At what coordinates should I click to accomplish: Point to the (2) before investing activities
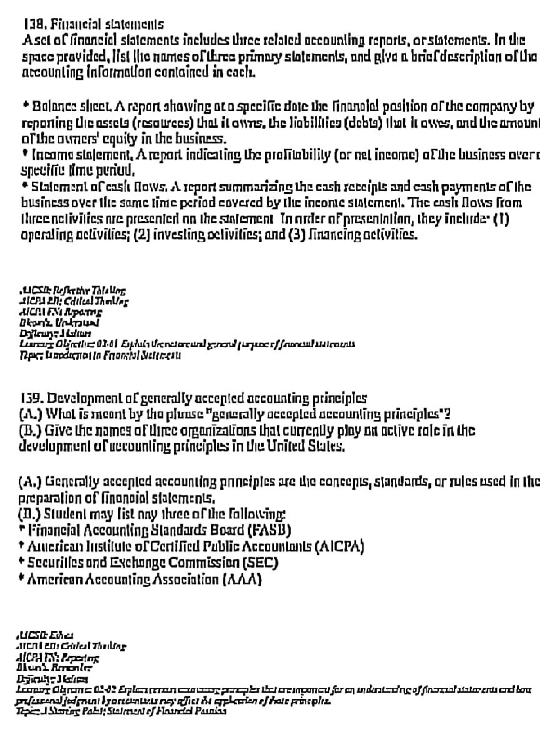(x=142, y=235)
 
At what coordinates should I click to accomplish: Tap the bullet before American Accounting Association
(x=21, y=578)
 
